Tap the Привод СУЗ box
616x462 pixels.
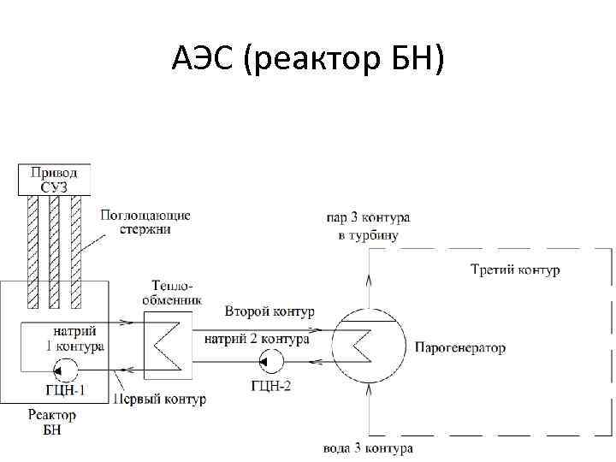click(54, 179)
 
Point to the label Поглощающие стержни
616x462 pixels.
click(145, 222)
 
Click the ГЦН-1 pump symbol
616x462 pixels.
click(64, 370)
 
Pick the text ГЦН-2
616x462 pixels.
click(273, 385)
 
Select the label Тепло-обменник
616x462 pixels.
click(175, 293)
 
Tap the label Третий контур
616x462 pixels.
click(515, 270)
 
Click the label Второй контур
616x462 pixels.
click(269, 311)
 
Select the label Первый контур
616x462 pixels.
click(160, 400)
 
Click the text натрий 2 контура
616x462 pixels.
click(257, 339)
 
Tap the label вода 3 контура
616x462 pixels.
click(369, 448)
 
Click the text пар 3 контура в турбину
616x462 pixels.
click(368, 227)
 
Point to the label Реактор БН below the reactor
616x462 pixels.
click(52, 422)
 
